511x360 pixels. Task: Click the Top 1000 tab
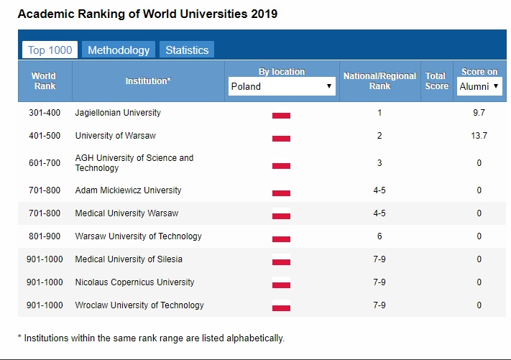click(x=50, y=50)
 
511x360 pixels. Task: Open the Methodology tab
click(x=119, y=50)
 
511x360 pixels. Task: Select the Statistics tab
click(x=187, y=50)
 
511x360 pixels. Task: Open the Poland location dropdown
click(x=282, y=86)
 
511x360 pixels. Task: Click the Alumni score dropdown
click(x=479, y=86)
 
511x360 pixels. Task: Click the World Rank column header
click(x=43, y=80)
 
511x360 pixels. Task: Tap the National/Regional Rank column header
click(x=379, y=80)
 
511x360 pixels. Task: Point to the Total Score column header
click(x=436, y=80)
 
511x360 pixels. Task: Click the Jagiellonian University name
click(x=118, y=113)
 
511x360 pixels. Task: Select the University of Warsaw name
click(x=115, y=136)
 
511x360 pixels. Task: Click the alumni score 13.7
click(x=479, y=136)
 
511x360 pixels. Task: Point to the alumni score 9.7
click(x=479, y=113)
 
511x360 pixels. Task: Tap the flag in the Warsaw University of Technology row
click(x=281, y=238)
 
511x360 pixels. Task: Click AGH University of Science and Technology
click(x=134, y=163)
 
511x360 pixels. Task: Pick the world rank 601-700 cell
click(x=45, y=163)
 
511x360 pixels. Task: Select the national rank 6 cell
click(x=379, y=236)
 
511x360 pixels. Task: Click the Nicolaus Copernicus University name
click(x=134, y=282)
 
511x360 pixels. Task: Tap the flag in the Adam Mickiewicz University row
click(x=281, y=192)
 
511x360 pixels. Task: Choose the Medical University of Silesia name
click(x=129, y=259)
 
